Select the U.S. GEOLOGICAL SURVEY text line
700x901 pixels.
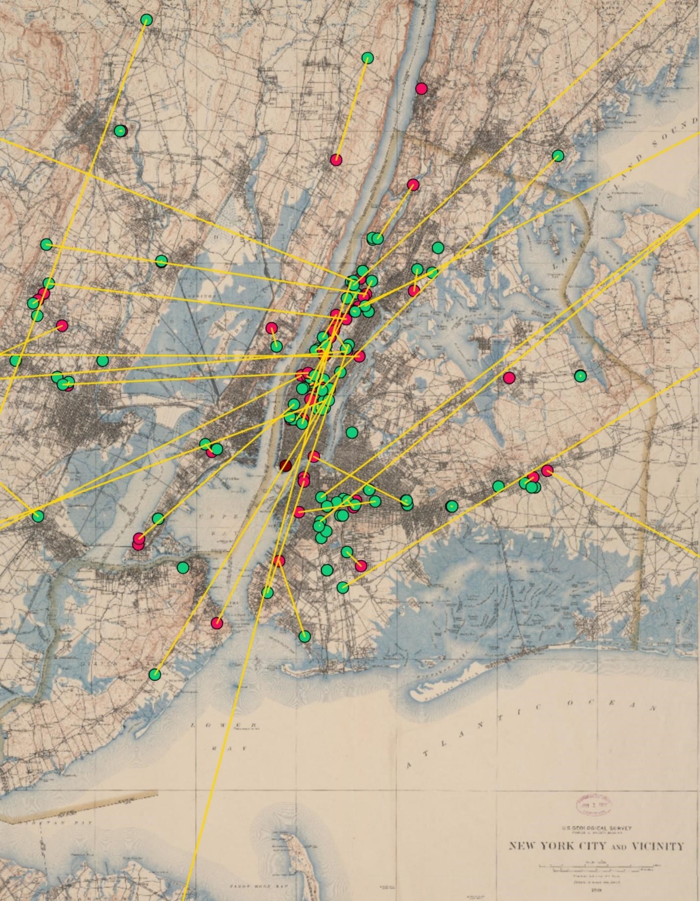[597, 828]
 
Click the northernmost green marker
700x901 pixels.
[146, 20]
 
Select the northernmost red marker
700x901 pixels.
[421, 88]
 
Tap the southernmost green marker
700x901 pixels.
[155, 674]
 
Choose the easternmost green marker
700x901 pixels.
[580, 376]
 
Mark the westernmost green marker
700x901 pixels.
[16, 360]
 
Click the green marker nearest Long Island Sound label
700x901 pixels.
[558, 156]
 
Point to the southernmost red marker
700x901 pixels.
[217, 623]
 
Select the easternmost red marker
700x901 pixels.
[547, 470]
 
